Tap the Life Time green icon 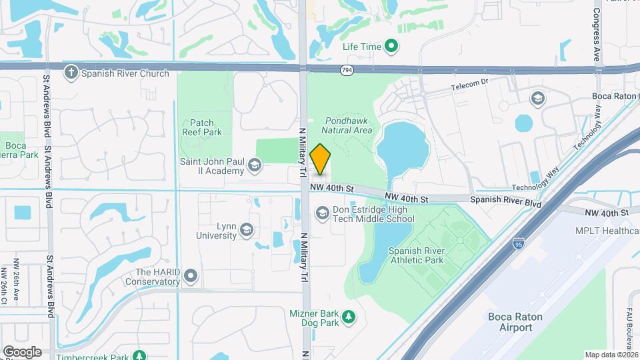392,47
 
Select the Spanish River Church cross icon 71,73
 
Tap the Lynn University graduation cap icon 247,230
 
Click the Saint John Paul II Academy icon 254,165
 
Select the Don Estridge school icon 322,213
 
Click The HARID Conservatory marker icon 191,275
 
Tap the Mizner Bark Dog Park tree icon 347,317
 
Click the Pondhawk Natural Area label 348,125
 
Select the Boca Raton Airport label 519,322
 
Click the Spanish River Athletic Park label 416,255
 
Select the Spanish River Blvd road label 505,200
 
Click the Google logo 22,352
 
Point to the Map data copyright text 611,355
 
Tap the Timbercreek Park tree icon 139,357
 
